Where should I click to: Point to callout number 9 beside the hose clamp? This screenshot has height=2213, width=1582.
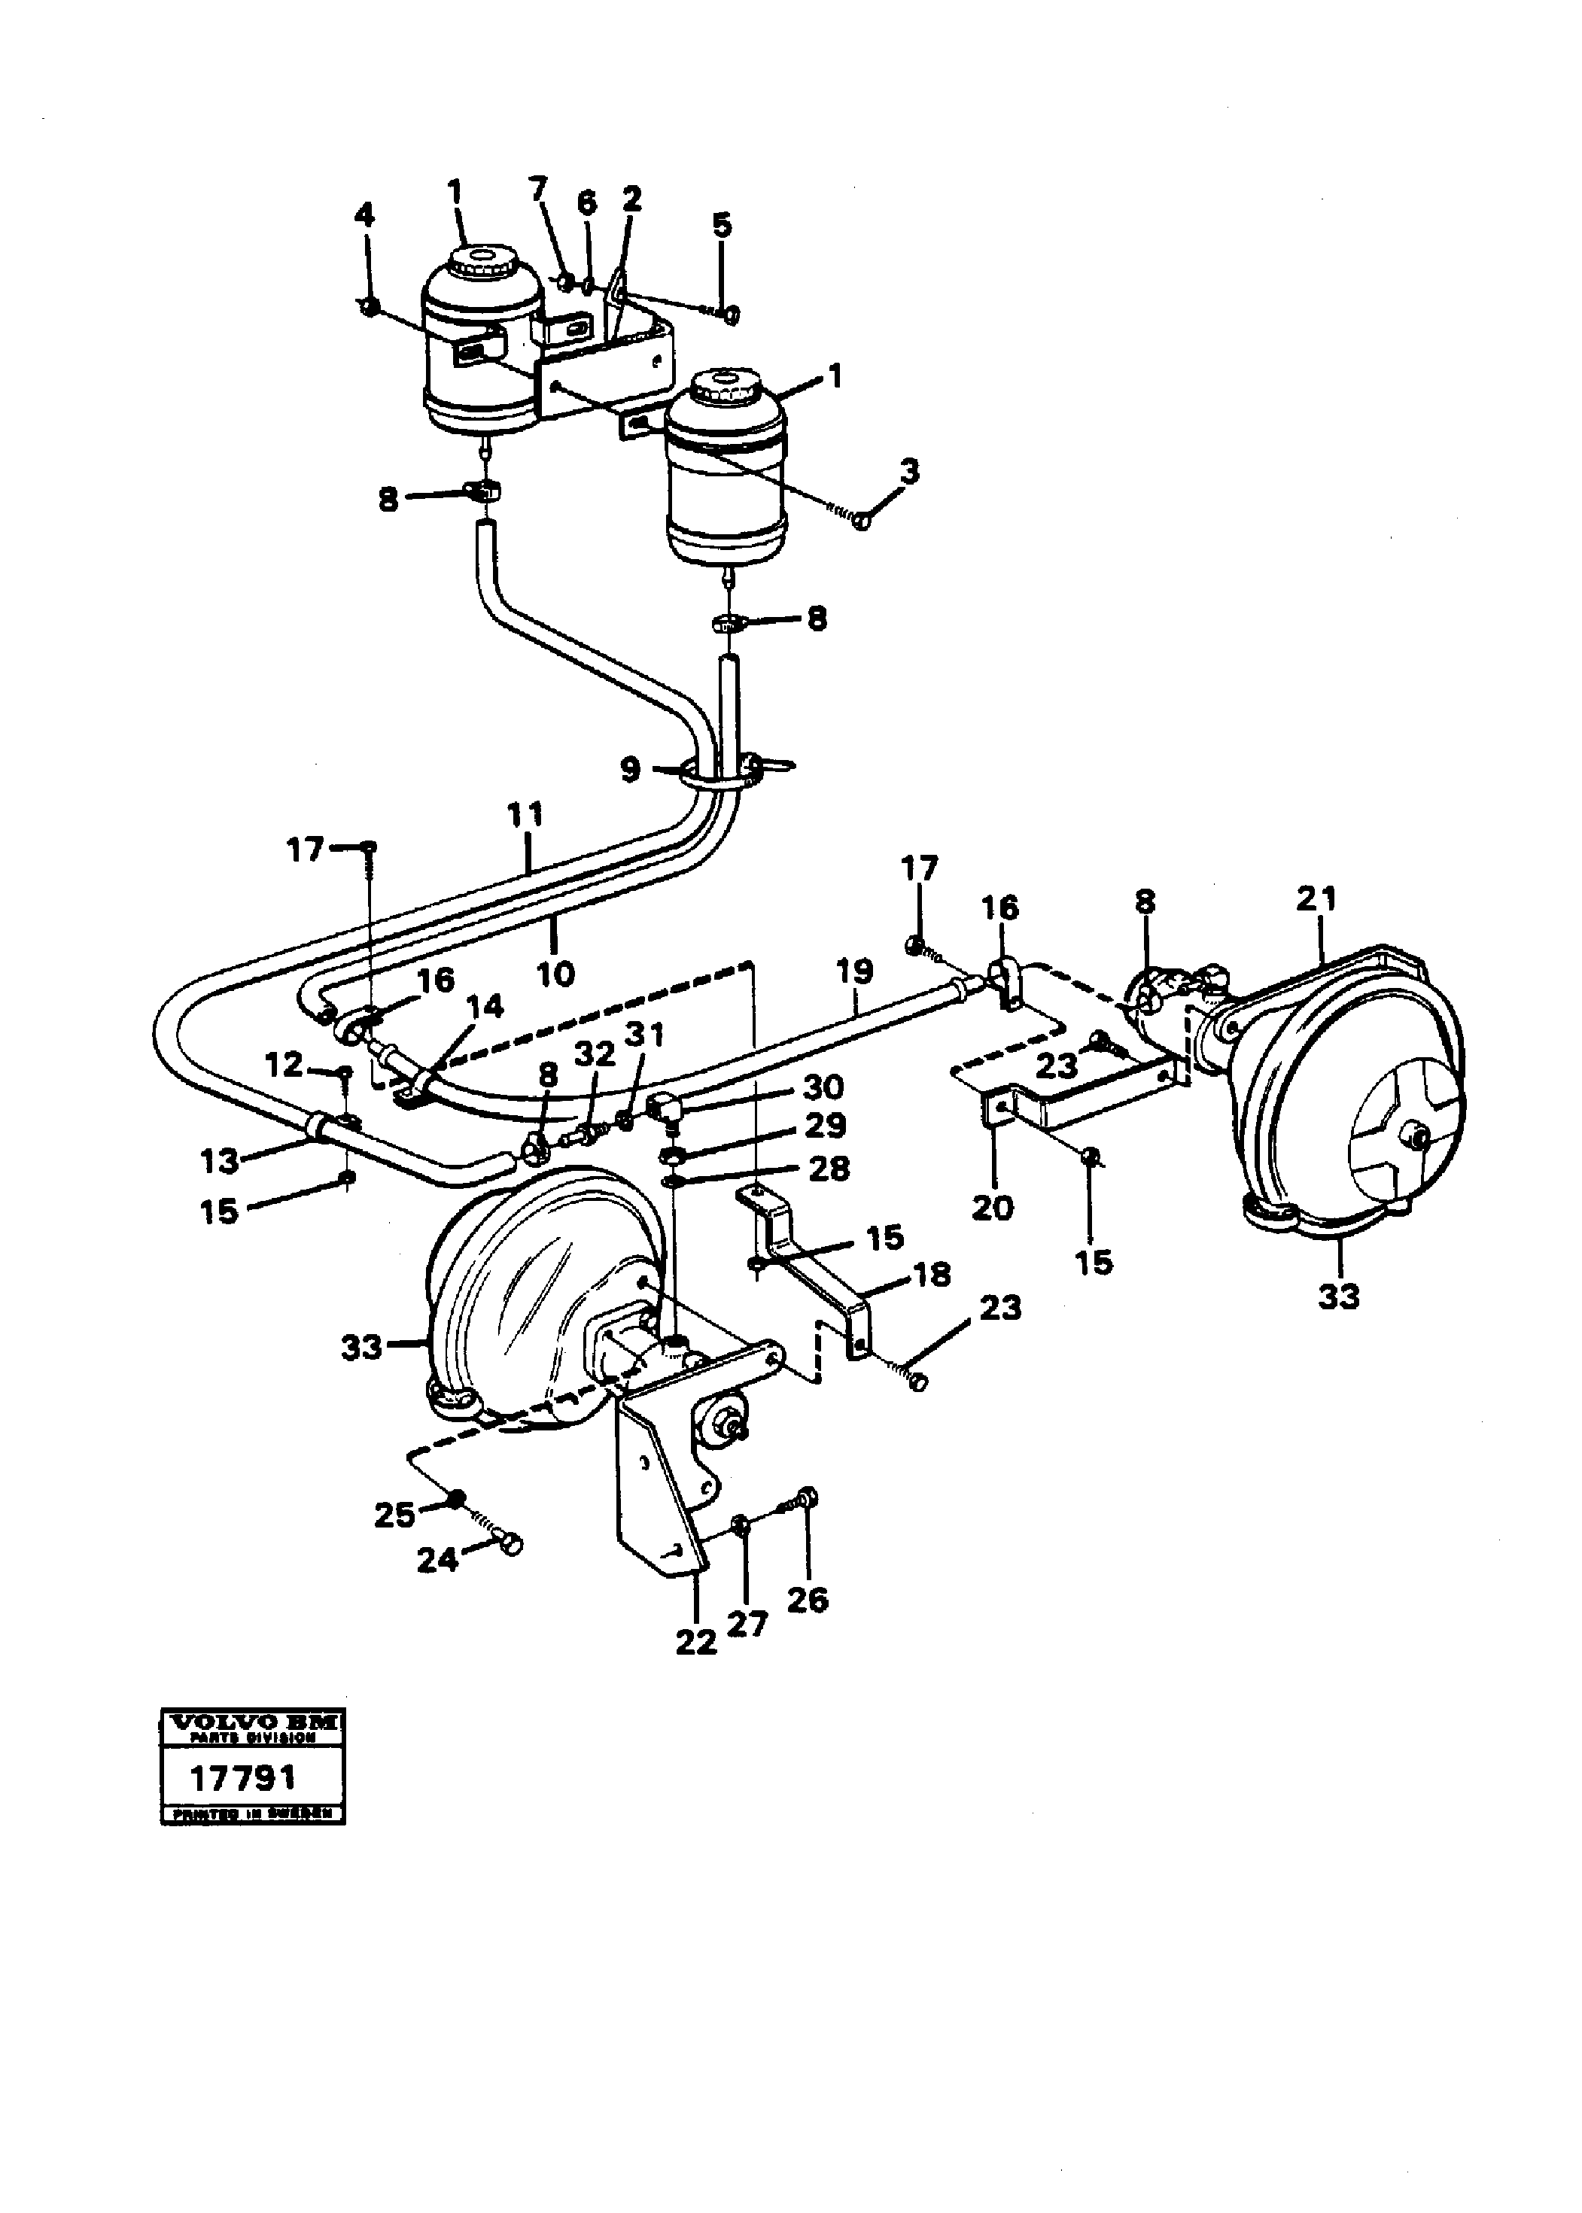[x=630, y=770]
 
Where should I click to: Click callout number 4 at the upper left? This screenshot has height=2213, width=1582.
[x=364, y=214]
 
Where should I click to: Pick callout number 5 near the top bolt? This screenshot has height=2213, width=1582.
[x=721, y=225]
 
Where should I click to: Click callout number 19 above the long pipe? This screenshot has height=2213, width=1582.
[x=853, y=971]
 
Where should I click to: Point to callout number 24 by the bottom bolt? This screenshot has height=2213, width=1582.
[x=437, y=1559]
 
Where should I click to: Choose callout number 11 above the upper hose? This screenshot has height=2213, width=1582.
[x=525, y=814]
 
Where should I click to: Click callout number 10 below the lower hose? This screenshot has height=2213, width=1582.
[x=555, y=972]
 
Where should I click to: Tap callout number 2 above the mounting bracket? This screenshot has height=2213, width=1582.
[x=632, y=199]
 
